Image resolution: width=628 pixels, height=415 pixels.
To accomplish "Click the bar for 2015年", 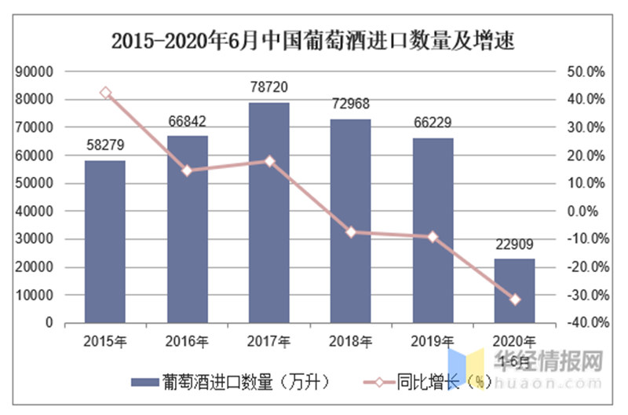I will click(105, 241).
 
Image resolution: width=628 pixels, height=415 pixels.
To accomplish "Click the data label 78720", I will click(269, 90).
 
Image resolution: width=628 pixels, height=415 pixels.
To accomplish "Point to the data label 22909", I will click(514, 246).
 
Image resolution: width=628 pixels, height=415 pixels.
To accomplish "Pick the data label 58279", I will click(105, 147).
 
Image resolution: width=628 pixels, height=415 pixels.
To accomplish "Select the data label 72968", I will click(351, 105).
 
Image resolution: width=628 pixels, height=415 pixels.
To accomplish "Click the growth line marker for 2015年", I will click(106, 93).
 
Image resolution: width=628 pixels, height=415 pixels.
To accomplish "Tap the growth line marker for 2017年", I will click(269, 161).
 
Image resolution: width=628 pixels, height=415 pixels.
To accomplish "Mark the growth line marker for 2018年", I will click(351, 232).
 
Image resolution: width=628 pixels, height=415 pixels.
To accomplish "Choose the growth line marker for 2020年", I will click(515, 299).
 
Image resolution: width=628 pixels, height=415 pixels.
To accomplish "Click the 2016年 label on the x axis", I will click(187, 341).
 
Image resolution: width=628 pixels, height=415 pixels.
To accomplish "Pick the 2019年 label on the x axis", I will click(433, 341).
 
